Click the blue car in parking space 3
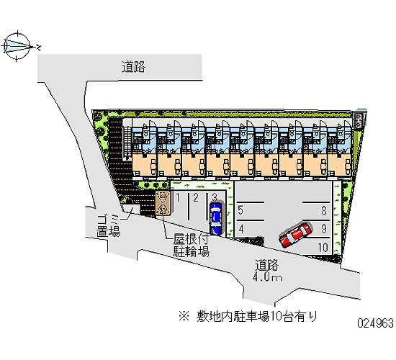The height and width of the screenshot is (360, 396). coord(216,219)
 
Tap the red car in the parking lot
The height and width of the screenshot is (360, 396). coord(295,235)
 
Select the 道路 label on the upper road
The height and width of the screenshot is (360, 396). coord(133,67)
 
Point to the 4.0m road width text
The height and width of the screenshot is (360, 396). coord(267,277)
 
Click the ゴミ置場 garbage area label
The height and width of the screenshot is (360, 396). coord(108,225)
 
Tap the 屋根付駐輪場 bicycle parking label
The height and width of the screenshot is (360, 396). coord(192,246)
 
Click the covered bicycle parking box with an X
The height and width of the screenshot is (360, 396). coord(163,203)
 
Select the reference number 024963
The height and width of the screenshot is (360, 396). coord(375,323)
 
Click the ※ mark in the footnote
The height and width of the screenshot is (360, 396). coord(184,316)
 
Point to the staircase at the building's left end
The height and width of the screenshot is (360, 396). coord(127,143)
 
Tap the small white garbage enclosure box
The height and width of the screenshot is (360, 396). coord(131,210)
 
